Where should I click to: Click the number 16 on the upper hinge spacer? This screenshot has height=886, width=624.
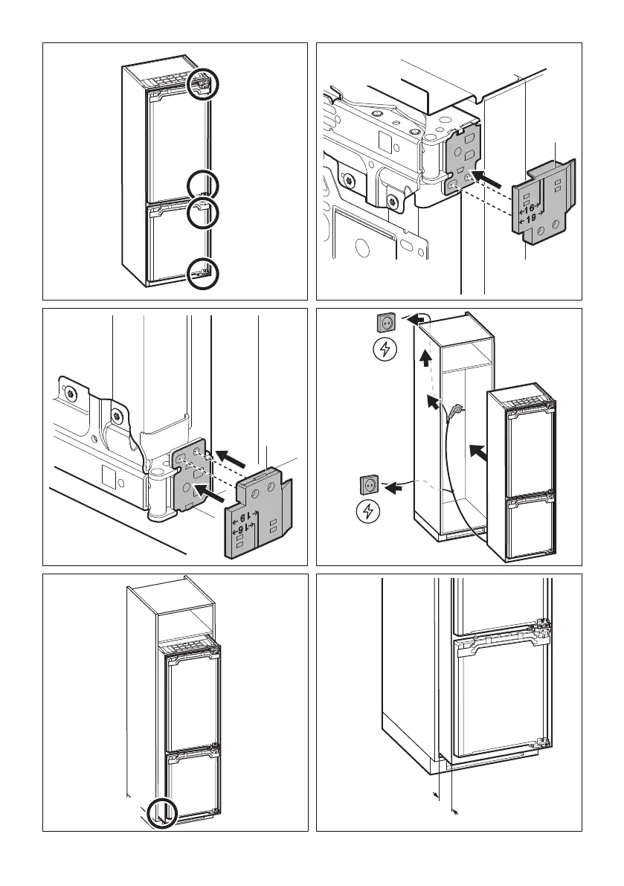pos(530,209)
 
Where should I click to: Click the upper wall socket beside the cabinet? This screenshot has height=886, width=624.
pos(386,322)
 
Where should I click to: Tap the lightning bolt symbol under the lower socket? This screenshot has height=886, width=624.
pos(368,512)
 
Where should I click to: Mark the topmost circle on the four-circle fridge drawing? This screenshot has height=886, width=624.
pos(204,84)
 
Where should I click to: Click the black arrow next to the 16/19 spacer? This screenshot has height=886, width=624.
pos(492,179)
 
